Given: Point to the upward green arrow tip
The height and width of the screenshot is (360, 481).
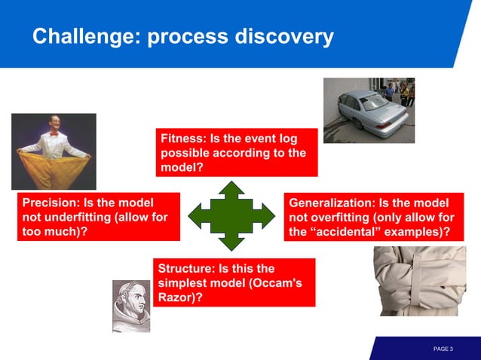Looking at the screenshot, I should click(x=232, y=184).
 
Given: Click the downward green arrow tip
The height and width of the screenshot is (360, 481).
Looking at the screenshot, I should click(x=232, y=249).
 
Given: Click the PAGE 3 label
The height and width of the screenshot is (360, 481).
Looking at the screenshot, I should click(x=443, y=349).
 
